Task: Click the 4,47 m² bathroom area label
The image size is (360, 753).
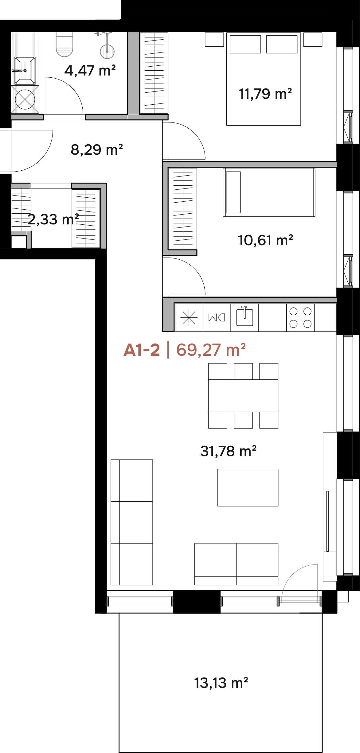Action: coord(90,71)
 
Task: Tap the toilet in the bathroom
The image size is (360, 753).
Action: coord(65,44)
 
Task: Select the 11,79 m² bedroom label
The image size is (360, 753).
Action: coord(265,94)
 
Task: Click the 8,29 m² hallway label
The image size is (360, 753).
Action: coord(97,150)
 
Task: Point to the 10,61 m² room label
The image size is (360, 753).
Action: coord(265,240)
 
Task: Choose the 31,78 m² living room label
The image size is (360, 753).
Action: coord(228,451)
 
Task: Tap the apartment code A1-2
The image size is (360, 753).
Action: coord(142,350)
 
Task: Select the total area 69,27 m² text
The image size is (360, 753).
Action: coord(211,350)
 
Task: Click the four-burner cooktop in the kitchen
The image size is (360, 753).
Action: coord(300,317)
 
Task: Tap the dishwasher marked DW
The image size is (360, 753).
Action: coord(217,317)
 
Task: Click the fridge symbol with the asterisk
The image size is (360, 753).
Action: coord(189,317)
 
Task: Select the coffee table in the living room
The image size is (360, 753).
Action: coord(248,487)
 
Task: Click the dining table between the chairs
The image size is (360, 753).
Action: coord(243,396)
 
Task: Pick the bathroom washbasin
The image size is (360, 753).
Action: coord(25,71)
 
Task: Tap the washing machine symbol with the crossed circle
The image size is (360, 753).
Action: coord(25,99)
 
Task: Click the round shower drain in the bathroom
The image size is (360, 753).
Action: coord(107,51)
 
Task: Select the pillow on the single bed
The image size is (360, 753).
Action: coord(233,192)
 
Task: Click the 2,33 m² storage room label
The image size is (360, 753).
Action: coord(53,219)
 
